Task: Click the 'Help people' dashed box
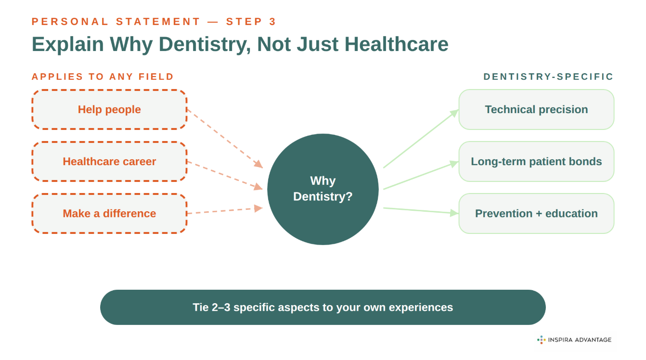coord(109,110)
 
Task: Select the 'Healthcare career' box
coord(109,162)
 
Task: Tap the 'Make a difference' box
coord(109,214)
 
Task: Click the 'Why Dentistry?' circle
coord(323,189)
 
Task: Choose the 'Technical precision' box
coord(536,110)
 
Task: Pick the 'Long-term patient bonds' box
coord(536,162)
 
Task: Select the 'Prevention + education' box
coord(536,214)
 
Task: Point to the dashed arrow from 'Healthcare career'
coord(224,175)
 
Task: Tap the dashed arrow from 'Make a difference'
coord(224,211)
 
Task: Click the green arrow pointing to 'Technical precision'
coord(420,139)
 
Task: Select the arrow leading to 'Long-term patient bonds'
coord(420,176)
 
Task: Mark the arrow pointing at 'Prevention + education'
coord(420,211)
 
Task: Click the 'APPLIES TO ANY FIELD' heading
coord(103,77)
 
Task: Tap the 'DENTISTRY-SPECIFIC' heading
coord(548,77)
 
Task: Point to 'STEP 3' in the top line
coord(251,22)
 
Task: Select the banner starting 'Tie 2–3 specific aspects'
coord(323,307)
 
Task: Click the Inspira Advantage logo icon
coord(541,340)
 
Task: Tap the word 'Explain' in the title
coord(67,44)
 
